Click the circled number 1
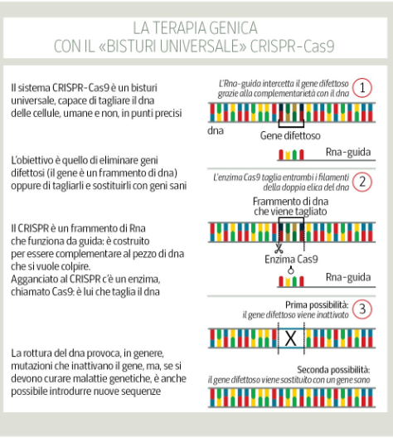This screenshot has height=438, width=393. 362,88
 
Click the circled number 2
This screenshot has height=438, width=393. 362,182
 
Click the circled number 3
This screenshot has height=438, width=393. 362,309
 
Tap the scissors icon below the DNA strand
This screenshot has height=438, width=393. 279,248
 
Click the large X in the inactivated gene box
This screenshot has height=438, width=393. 290,338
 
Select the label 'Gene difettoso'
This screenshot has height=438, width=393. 290,136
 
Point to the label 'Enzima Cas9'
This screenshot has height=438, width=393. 291,259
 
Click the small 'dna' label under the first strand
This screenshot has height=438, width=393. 216,131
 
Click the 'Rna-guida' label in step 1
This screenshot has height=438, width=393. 348,153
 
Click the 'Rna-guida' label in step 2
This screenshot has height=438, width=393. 348,277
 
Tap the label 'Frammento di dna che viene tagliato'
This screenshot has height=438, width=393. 290,207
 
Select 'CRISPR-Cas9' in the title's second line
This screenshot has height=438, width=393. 292,46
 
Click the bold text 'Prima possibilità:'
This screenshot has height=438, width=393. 317,304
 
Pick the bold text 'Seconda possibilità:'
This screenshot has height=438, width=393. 333,370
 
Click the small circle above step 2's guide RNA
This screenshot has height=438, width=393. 291,270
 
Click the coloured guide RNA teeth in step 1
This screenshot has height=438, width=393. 291,154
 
